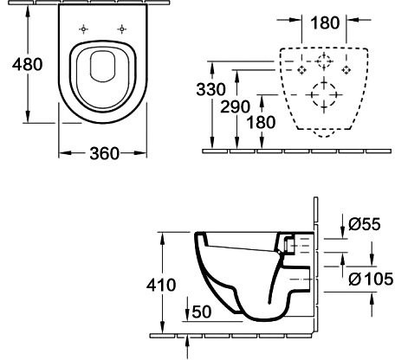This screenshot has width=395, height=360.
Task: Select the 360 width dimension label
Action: point(103,153)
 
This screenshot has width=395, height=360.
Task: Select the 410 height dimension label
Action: point(162,285)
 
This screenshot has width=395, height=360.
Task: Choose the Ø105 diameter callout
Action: point(370,279)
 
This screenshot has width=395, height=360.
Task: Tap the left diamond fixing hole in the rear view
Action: point(301,67)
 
